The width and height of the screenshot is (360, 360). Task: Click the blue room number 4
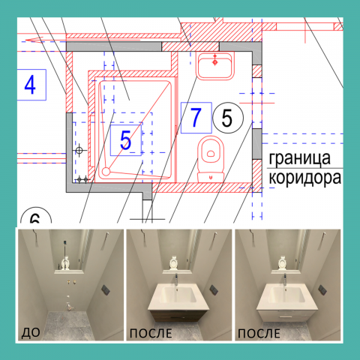[x=30, y=85]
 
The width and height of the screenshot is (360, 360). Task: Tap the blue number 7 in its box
[x=196, y=117]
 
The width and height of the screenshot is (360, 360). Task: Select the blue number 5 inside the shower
[x=125, y=140]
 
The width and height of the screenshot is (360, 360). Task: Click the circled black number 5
[x=227, y=118]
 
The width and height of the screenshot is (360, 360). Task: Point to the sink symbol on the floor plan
[x=215, y=66]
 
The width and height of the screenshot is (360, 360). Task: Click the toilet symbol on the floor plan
[x=211, y=159]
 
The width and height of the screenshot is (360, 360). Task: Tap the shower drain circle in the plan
[x=106, y=172]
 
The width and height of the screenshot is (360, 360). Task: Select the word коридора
[x=304, y=178]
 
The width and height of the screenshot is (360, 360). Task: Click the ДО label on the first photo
[x=31, y=333]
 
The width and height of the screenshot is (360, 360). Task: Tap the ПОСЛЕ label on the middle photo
[x=151, y=334]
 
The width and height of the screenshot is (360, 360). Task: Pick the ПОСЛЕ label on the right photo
[x=259, y=334]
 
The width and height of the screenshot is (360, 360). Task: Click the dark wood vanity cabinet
[x=180, y=315]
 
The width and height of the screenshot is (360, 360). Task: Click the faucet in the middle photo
[x=176, y=279]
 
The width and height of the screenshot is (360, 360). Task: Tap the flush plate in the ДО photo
[x=106, y=289]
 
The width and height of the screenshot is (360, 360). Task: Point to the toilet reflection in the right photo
[x=282, y=263]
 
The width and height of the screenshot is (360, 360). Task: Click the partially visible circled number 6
[x=35, y=216]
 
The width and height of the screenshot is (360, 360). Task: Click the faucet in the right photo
[x=285, y=279]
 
